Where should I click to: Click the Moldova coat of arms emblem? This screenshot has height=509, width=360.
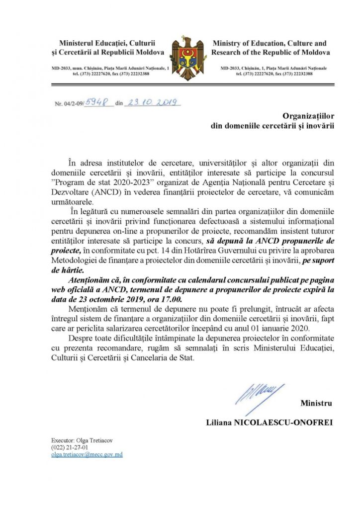point(184,58)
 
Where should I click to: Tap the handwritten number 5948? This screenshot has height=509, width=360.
point(99,102)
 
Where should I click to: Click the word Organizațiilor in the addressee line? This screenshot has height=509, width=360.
point(308,116)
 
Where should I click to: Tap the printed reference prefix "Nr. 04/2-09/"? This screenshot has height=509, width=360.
point(69,104)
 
